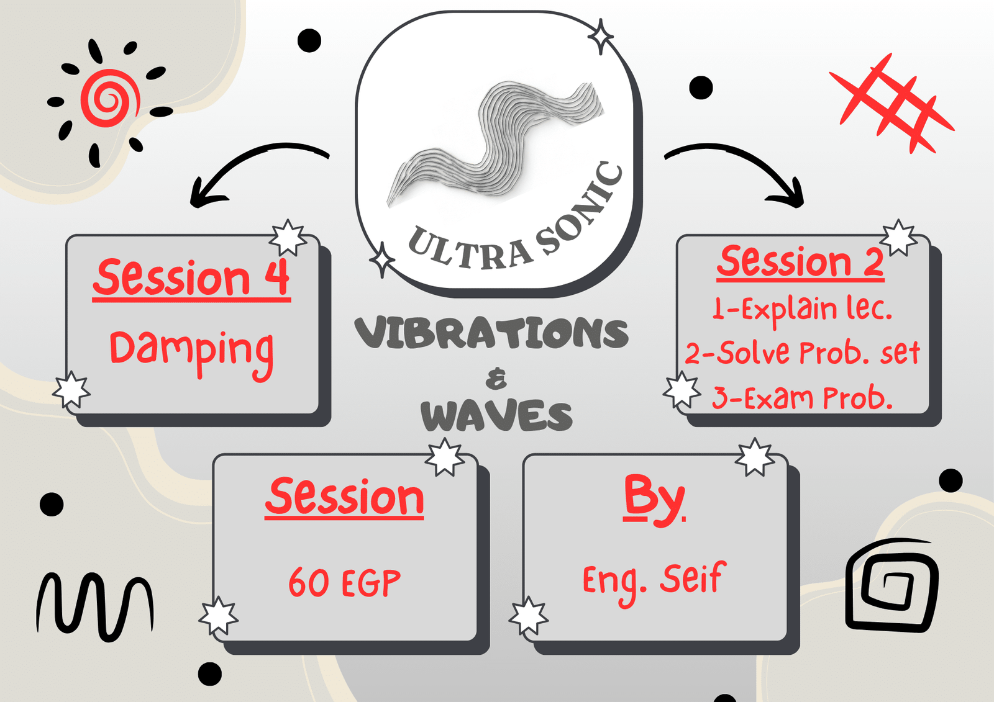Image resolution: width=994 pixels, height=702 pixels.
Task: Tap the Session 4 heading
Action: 191,279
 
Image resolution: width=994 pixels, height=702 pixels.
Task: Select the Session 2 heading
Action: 800,262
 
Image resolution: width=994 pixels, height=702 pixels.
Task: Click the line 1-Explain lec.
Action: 802,310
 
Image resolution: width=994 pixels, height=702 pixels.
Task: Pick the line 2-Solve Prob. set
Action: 802,353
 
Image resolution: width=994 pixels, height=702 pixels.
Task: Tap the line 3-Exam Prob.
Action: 802,397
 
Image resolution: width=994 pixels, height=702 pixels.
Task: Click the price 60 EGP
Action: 344,582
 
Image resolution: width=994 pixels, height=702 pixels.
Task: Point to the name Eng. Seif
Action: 655,582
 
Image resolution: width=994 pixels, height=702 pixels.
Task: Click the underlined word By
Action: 654,500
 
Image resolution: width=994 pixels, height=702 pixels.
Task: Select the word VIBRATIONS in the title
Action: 491,333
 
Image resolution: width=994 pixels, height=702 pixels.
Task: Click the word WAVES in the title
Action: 496,415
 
